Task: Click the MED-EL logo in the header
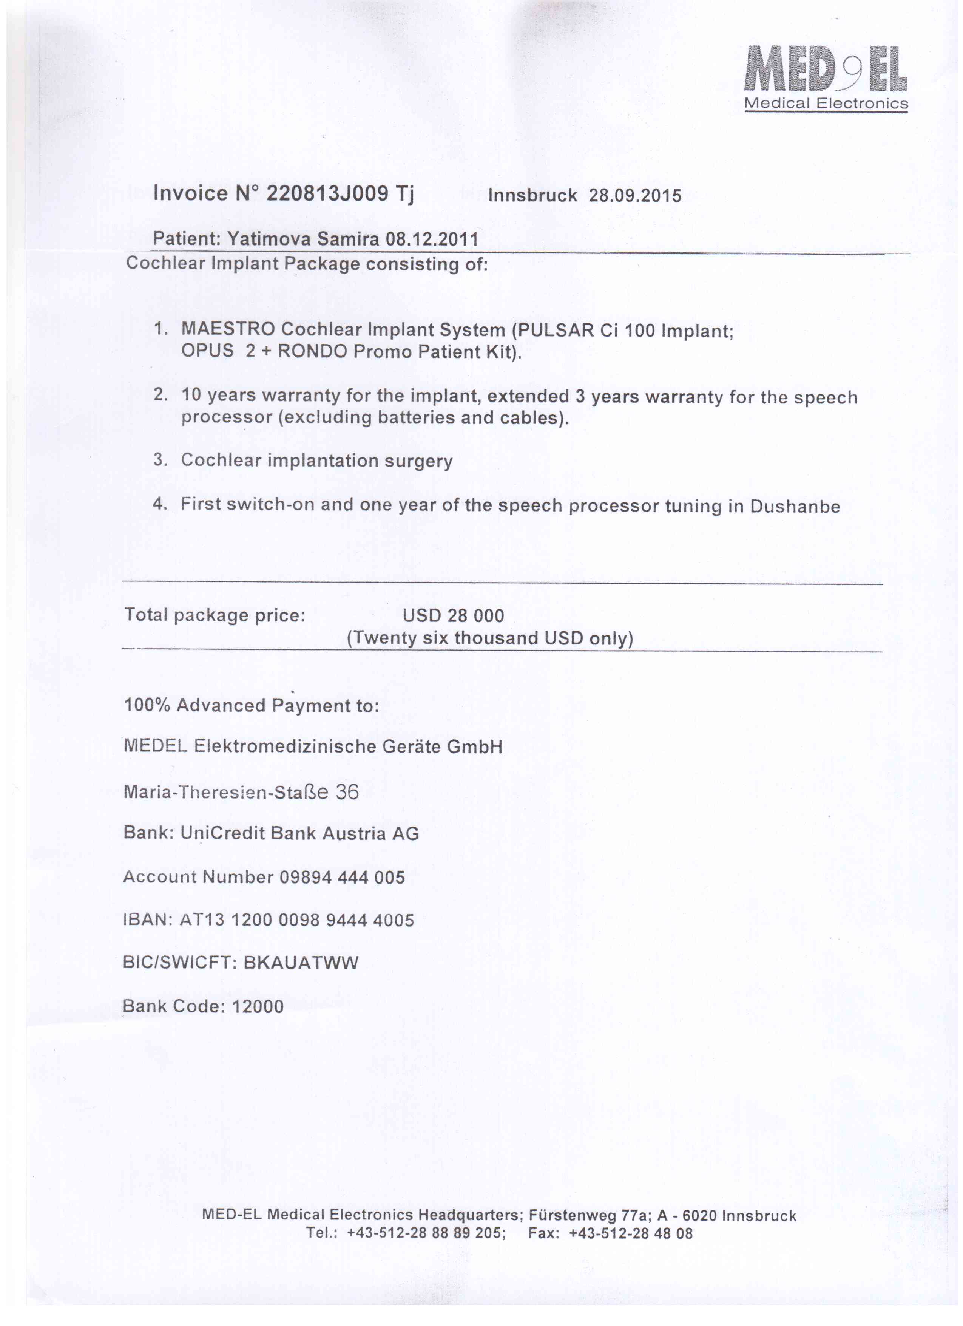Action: [825, 70]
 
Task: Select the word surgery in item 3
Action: [418, 461]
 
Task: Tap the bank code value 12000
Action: [258, 1006]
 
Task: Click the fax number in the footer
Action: [631, 1233]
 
